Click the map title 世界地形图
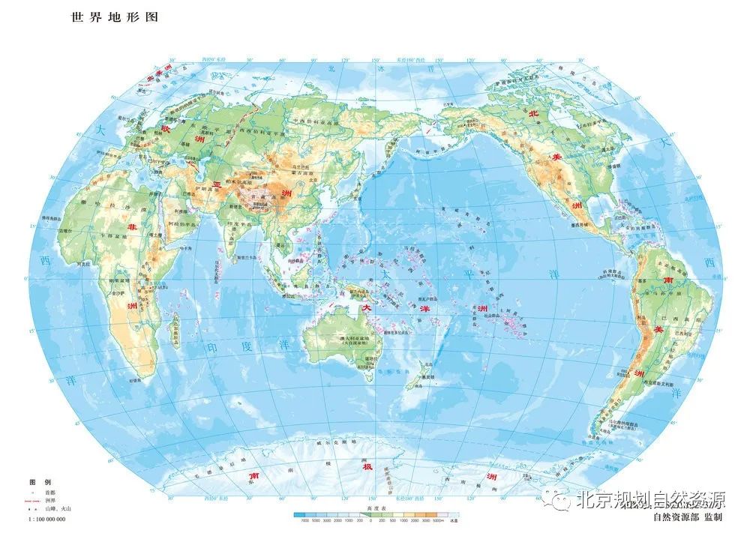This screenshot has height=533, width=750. [x=114, y=16]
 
